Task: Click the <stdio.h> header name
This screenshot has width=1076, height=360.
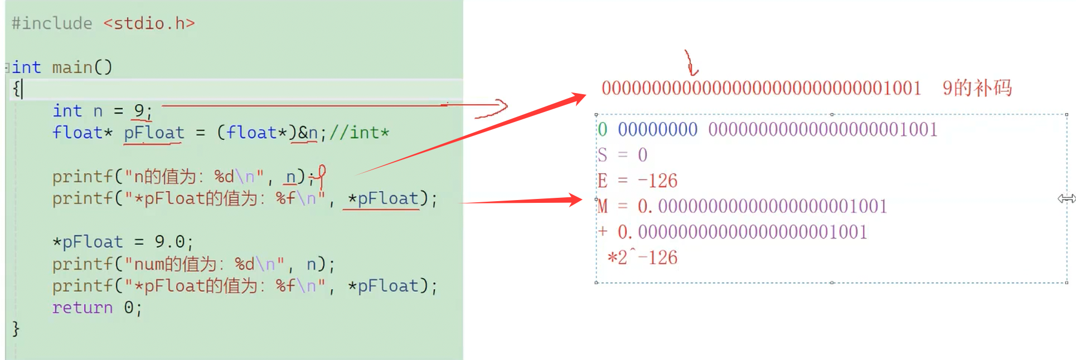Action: [x=149, y=23]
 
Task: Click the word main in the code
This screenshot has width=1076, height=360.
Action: [x=72, y=67]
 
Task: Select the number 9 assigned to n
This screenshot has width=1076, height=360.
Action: [x=139, y=110]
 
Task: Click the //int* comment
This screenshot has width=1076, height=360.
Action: [x=359, y=133]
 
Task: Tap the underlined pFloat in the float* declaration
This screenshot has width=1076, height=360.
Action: [x=154, y=133]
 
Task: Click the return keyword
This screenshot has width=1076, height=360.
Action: [x=82, y=308]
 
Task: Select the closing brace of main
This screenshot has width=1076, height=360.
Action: [x=16, y=329]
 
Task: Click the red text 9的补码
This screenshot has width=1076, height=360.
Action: [x=977, y=88]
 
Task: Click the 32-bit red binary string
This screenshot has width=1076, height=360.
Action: [x=761, y=88]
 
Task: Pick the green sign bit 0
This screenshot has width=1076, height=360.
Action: [x=602, y=129]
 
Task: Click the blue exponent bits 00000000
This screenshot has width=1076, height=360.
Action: [x=657, y=129]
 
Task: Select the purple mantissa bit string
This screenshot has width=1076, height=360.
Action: [x=822, y=129]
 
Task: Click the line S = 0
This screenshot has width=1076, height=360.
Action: [x=622, y=155]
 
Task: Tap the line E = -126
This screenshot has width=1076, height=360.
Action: [x=637, y=181]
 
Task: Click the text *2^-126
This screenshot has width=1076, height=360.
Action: [x=642, y=257]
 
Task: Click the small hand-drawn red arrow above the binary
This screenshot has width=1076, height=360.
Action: [x=691, y=62]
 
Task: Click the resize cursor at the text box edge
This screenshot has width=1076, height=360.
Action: [x=1066, y=198]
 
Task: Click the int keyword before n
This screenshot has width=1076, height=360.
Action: [x=67, y=110]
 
